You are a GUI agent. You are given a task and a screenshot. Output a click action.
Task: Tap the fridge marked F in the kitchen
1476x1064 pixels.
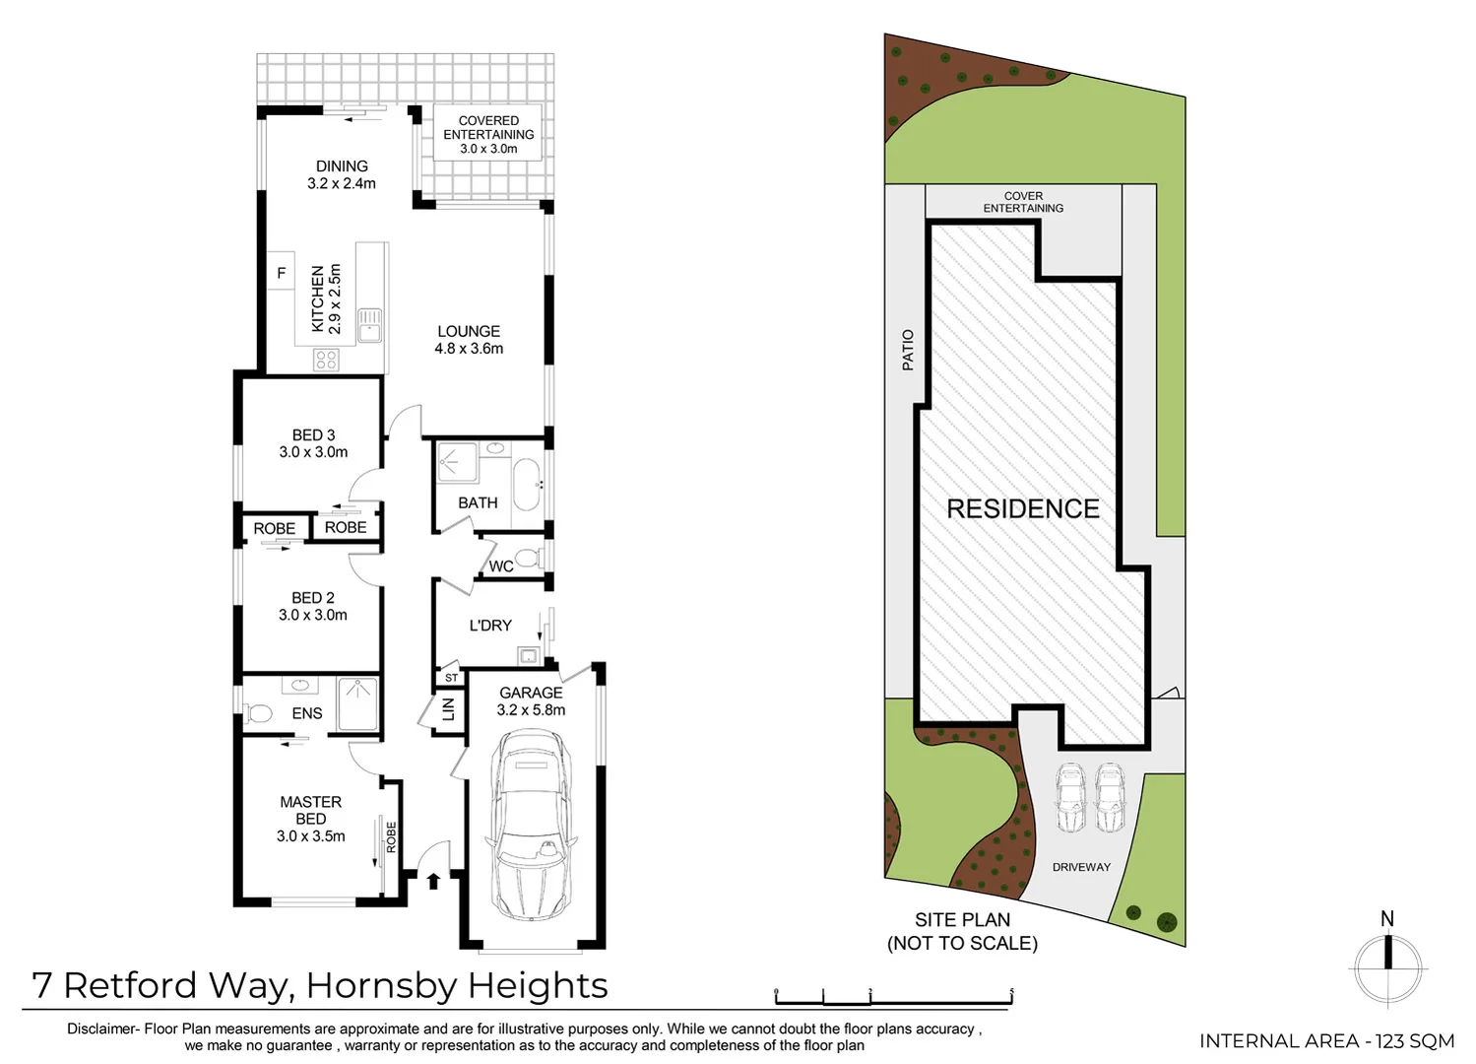(281, 273)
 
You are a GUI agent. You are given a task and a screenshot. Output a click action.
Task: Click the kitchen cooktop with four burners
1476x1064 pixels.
(326, 360)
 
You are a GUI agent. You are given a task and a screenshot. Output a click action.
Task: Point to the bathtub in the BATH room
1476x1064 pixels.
(526, 484)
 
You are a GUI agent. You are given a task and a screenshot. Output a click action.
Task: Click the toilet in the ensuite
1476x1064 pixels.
(260, 713)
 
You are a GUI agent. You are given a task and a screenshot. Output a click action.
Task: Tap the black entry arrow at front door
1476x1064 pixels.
(433, 880)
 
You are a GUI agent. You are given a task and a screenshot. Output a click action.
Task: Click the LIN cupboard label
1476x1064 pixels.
(448, 707)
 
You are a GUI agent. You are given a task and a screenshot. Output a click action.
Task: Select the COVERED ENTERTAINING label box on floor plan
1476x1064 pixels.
(488, 134)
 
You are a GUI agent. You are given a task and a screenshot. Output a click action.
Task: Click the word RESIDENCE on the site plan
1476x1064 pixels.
(1022, 508)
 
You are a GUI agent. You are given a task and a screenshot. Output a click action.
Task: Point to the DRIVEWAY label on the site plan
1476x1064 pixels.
(1080, 867)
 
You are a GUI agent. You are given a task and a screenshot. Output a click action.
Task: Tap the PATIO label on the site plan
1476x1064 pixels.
(907, 350)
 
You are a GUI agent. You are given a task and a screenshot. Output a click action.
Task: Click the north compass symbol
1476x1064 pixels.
(1387, 964)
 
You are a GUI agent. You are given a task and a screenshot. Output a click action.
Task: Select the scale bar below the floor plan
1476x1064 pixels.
(893, 999)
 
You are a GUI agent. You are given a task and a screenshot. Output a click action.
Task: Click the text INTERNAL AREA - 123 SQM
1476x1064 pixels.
(1325, 1040)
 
